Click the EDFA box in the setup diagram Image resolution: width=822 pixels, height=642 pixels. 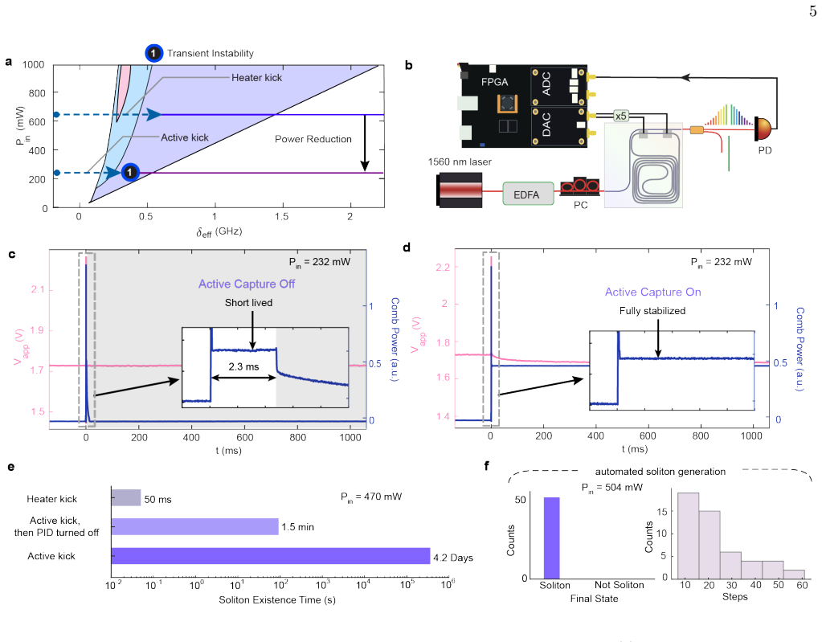pos(528,194)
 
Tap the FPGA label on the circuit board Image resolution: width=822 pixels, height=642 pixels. pos(495,82)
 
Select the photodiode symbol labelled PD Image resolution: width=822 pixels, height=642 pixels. pos(764,129)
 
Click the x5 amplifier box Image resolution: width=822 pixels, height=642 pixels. pos(620,116)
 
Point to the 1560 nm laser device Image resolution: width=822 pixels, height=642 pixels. pos(458,190)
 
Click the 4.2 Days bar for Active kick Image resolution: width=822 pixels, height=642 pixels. pos(271,555)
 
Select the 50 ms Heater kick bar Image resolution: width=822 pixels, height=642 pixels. pos(126,497)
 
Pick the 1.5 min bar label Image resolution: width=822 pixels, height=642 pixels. pos(298,527)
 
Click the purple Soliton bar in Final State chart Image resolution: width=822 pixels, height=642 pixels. pos(551,538)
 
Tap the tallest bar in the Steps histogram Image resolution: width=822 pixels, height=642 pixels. pos(689,534)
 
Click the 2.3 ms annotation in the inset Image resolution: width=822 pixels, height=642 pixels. pos(243,367)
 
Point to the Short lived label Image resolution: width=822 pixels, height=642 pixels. pos(248,302)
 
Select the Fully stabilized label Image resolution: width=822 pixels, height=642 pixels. pos(652,311)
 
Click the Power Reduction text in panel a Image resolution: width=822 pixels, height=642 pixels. pos(313,139)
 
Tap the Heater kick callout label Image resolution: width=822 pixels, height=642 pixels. pos(257,78)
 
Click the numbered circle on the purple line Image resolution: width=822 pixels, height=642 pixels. pos(129,172)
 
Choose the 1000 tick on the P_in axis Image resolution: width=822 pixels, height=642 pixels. pos(34,64)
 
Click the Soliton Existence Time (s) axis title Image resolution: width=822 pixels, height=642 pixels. pos(276,599)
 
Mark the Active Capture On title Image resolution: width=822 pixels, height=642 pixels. pos(652,292)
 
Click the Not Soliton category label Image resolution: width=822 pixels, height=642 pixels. pos(620,585)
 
